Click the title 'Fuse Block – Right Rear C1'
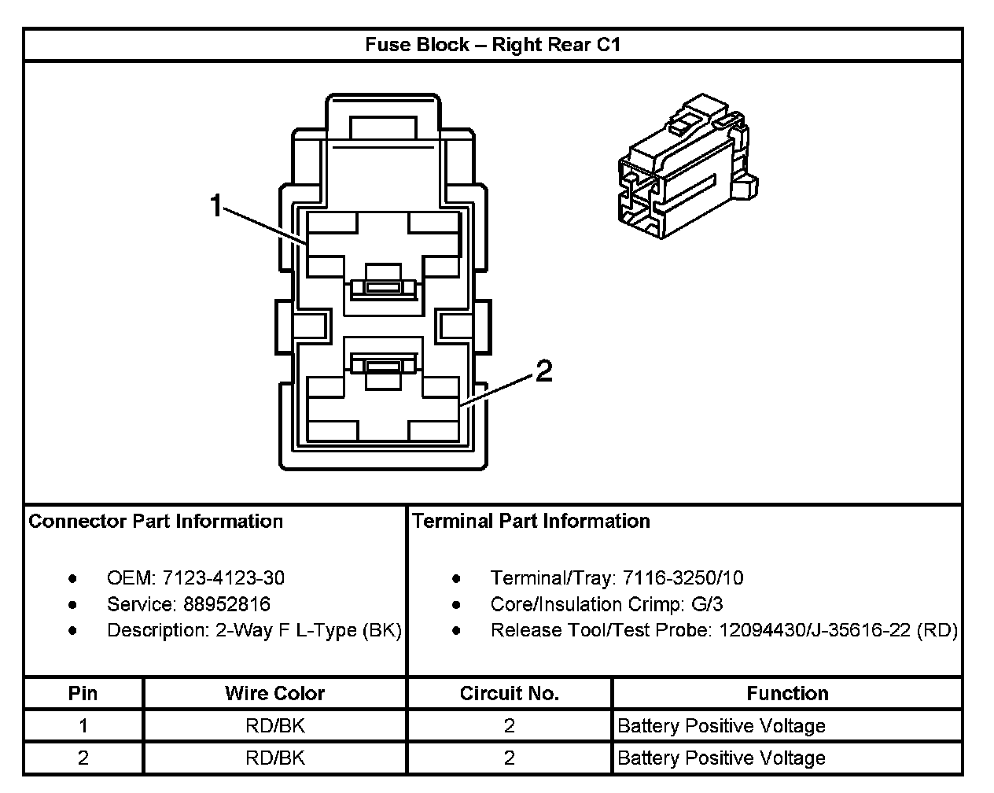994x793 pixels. coord(492,45)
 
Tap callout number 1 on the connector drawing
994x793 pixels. coord(216,206)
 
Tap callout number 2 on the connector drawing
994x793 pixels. coord(544,371)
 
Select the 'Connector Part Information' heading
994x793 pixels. coord(156,521)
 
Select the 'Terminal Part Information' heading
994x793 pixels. coord(531,521)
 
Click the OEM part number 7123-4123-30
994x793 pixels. coord(223,578)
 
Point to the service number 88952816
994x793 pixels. coord(227,604)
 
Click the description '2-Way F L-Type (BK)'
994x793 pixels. coord(308,630)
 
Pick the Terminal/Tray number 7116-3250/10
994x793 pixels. coord(683,578)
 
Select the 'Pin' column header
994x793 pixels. coord(83,693)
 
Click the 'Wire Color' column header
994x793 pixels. coord(274,693)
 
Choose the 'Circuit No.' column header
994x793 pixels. coord(509,693)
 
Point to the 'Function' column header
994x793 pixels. coord(787,693)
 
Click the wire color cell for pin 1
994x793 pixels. coord(274,725)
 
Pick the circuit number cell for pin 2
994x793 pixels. coord(509,758)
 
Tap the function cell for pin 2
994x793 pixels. coord(721,758)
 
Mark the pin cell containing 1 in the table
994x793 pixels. coord(83,725)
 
